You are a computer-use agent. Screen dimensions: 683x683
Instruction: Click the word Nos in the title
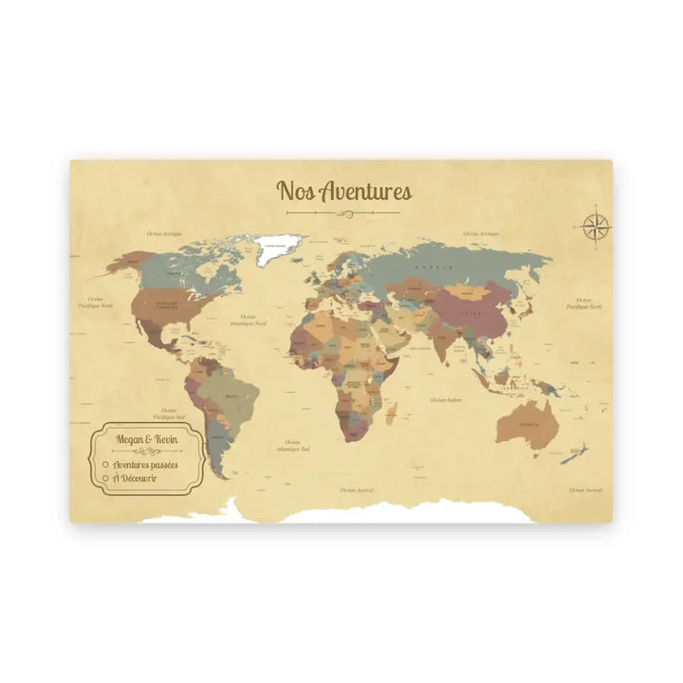293,191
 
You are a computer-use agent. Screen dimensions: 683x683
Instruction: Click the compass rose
596,226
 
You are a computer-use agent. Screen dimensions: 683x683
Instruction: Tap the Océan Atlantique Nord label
248,320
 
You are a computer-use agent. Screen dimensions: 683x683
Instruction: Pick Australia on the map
527,424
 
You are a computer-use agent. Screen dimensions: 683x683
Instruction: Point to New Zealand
572,455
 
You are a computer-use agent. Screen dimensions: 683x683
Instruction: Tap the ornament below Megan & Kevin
141,452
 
